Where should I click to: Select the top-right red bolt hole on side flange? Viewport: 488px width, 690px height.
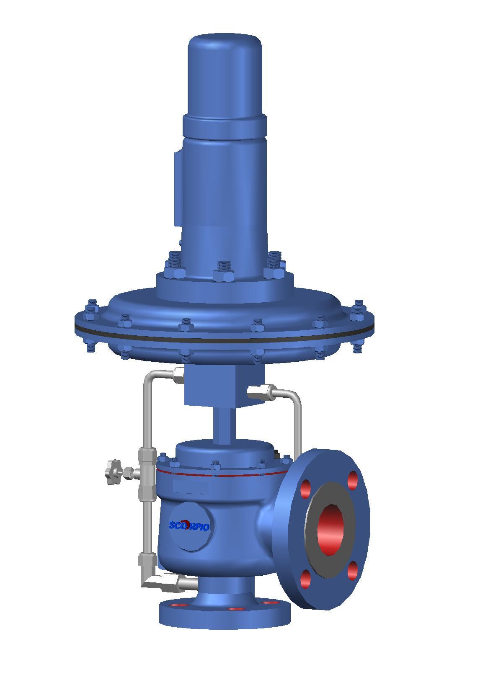click(x=353, y=480)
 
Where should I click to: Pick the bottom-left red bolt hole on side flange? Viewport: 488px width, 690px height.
click(x=306, y=579)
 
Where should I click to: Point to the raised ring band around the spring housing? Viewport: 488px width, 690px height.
click(x=225, y=125)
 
